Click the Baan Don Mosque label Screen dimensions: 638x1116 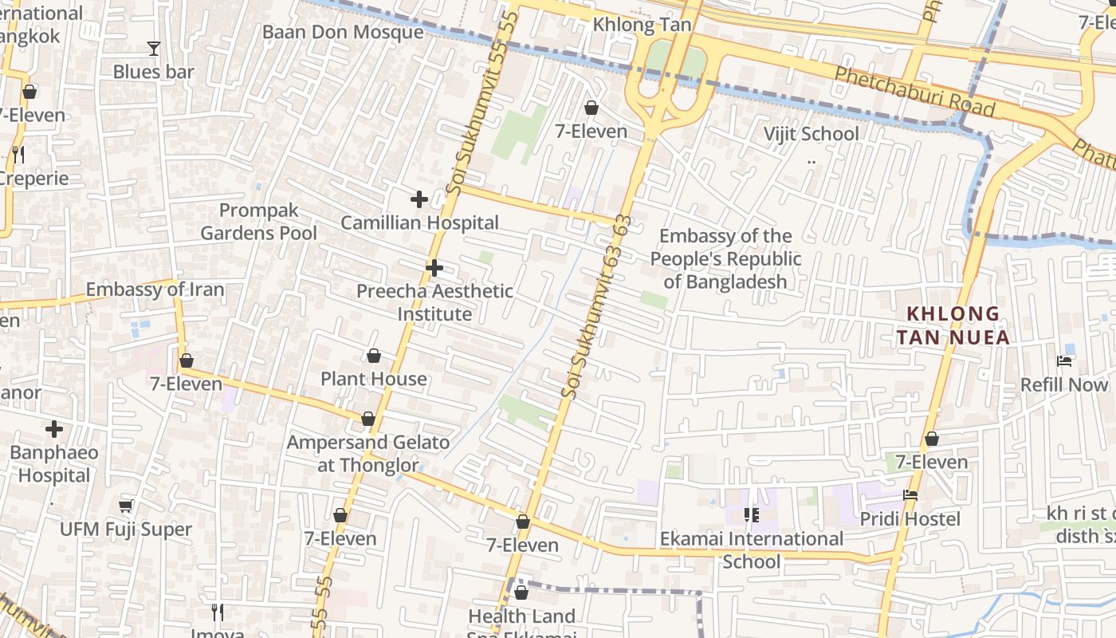[343, 32]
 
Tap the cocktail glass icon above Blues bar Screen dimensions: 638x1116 [154, 49]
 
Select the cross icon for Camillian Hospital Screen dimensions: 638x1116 [419, 199]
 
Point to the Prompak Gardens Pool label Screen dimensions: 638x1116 [258, 222]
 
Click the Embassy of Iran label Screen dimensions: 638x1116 [155, 289]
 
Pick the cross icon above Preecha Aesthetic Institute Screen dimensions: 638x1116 [434, 268]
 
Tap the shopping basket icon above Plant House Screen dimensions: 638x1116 [374, 356]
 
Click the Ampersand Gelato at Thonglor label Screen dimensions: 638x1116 [368, 454]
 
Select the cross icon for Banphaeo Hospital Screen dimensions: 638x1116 [54, 430]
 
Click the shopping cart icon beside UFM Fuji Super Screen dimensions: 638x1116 [125, 506]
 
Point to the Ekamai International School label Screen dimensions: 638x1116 [751, 550]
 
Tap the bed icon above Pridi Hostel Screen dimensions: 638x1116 [910, 495]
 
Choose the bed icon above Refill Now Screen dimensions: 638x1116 [1064, 361]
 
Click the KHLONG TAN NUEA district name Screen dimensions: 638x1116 [953, 325]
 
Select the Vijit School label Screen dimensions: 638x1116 [811, 133]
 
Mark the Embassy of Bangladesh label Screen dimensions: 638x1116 [725, 259]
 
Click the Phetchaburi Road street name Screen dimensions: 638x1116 [914, 91]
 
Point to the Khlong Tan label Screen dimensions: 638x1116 [642, 26]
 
